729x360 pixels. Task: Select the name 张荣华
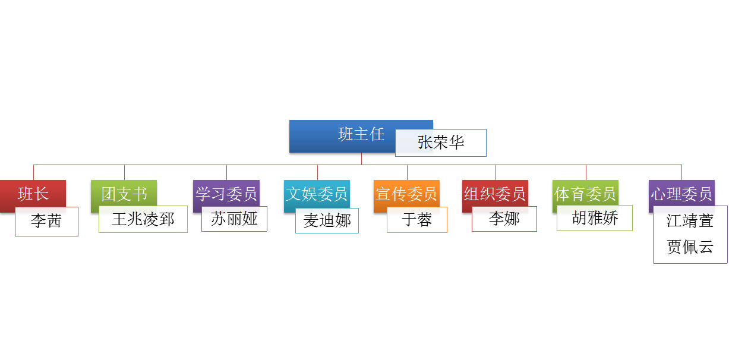(x=441, y=143)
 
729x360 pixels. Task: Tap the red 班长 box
(x=33, y=193)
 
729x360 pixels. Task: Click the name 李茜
(x=46, y=222)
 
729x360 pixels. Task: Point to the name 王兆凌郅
(x=143, y=219)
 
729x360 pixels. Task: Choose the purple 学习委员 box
(x=226, y=193)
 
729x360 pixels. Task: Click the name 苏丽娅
(x=234, y=219)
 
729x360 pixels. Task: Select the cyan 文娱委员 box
(x=317, y=193)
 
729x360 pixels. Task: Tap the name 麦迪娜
(x=327, y=221)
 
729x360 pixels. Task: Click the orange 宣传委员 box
(x=406, y=193)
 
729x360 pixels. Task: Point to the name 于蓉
(x=416, y=220)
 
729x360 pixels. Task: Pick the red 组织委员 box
(x=495, y=193)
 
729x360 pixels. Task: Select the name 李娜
(x=504, y=219)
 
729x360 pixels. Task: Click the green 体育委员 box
(x=585, y=193)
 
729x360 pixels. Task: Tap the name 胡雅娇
(x=595, y=218)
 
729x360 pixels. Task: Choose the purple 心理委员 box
(x=681, y=193)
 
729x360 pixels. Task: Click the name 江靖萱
(x=690, y=221)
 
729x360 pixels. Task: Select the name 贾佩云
(x=690, y=247)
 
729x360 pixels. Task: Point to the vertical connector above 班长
(x=33, y=172)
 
